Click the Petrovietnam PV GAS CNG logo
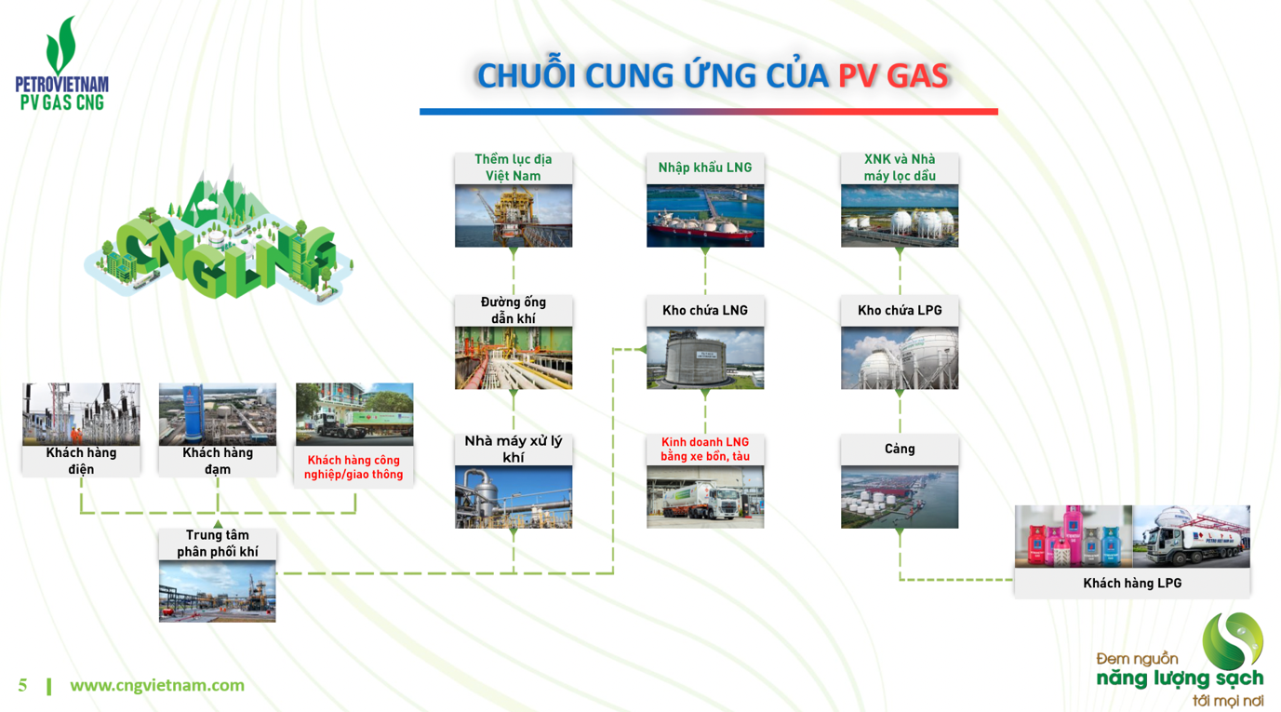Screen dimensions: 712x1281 point(61,64)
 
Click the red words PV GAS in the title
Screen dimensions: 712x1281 point(893,76)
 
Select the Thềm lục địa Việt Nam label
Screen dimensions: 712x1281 point(514,168)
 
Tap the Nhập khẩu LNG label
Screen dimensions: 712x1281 point(705,168)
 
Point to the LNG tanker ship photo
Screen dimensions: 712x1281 point(705,216)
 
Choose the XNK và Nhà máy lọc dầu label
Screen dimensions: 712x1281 point(900,168)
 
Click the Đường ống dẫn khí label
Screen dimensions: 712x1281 point(514,310)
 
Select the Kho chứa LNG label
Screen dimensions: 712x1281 point(705,311)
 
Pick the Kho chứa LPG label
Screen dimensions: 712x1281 point(900,311)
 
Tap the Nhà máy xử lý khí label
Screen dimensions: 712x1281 point(514,449)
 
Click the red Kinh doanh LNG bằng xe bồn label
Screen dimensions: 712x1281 point(705,450)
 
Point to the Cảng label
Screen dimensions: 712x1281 point(900,450)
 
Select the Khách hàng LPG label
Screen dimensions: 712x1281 point(1132,584)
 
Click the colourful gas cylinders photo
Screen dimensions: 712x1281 point(1074,537)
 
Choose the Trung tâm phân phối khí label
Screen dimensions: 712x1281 point(218,544)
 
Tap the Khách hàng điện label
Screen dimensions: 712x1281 point(81,461)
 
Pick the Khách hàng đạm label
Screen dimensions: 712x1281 point(218,461)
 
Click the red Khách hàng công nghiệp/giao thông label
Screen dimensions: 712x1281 point(354,467)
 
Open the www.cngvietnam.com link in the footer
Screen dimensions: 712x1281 point(157,686)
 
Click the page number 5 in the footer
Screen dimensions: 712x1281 point(23,686)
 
